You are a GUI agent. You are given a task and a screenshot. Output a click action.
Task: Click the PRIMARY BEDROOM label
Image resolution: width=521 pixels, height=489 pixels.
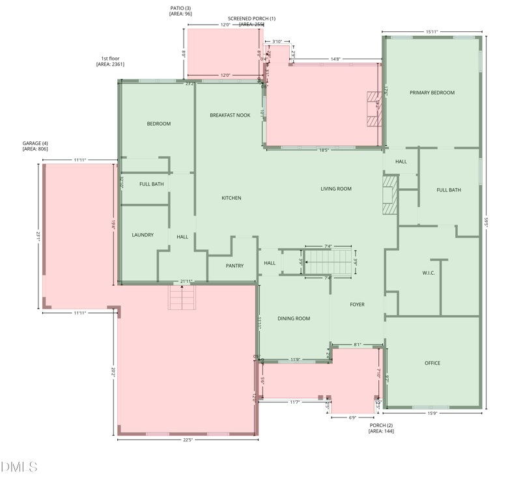click(x=432, y=93)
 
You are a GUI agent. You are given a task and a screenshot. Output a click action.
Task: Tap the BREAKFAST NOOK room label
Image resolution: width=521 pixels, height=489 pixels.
click(x=230, y=115)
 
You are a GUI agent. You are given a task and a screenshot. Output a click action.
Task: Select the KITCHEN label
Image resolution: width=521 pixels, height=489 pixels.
click(x=231, y=198)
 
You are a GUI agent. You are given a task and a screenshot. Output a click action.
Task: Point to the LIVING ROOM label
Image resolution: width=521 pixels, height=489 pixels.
click(x=335, y=189)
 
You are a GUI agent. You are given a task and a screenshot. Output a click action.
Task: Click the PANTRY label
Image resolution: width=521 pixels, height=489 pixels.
click(x=234, y=266)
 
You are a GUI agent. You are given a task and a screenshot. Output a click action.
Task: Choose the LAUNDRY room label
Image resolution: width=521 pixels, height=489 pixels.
click(x=143, y=235)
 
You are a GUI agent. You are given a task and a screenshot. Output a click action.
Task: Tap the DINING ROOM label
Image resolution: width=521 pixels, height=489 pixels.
click(x=294, y=319)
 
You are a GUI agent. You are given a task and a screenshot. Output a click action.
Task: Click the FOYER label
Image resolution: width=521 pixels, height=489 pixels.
click(x=357, y=305)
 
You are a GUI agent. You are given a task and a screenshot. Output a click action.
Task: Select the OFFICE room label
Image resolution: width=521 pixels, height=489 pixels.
click(x=432, y=363)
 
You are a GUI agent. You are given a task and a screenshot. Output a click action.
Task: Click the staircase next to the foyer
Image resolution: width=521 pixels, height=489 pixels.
click(x=328, y=262)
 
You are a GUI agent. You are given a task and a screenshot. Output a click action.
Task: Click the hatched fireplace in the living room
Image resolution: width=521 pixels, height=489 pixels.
click(x=389, y=194)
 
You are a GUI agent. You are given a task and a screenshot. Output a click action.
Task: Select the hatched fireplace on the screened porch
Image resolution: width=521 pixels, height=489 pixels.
click(x=373, y=109)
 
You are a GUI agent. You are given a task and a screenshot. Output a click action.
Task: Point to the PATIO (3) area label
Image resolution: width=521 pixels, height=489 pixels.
click(x=180, y=11)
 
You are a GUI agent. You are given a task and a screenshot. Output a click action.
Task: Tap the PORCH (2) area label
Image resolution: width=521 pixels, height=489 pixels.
click(x=380, y=428)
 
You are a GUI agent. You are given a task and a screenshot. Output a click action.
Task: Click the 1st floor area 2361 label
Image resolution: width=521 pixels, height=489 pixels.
click(x=110, y=61)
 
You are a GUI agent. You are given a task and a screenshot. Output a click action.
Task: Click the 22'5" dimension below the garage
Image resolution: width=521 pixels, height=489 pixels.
click(x=188, y=440)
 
